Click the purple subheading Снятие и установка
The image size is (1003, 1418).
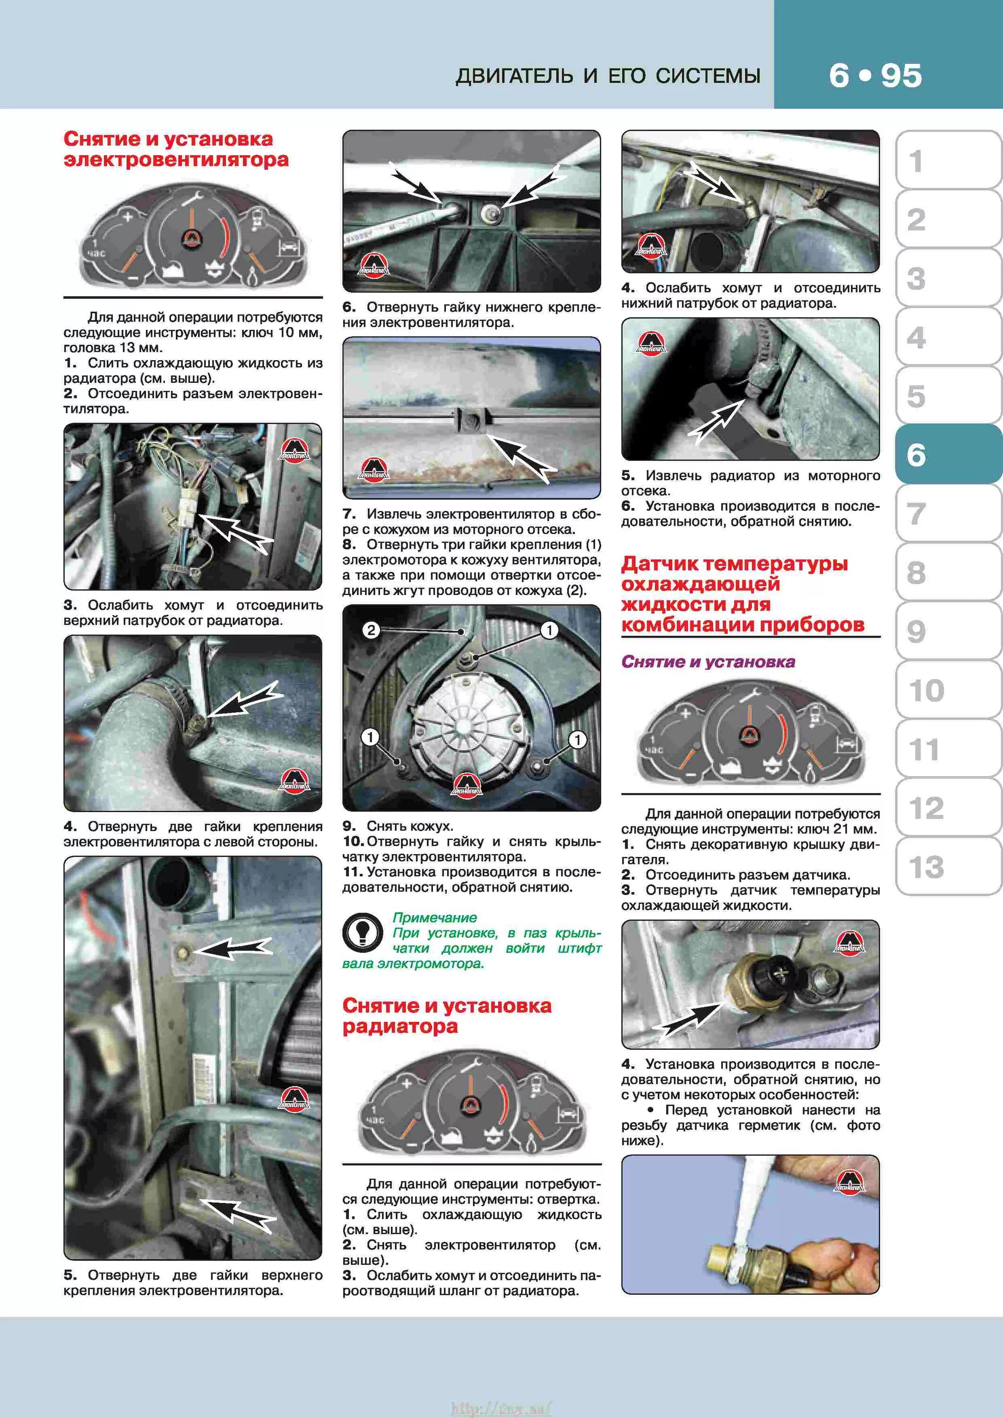click(x=708, y=661)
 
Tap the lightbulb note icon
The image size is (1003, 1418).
click(x=363, y=932)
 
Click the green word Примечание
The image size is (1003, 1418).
click(x=434, y=917)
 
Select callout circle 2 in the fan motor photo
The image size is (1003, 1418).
click(x=371, y=630)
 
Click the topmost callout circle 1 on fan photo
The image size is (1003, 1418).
click(x=548, y=630)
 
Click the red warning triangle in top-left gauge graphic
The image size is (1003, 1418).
click(x=191, y=240)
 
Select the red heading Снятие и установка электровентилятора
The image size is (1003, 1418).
click(x=176, y=149)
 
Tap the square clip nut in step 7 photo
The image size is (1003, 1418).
click(x=471, y=421)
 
